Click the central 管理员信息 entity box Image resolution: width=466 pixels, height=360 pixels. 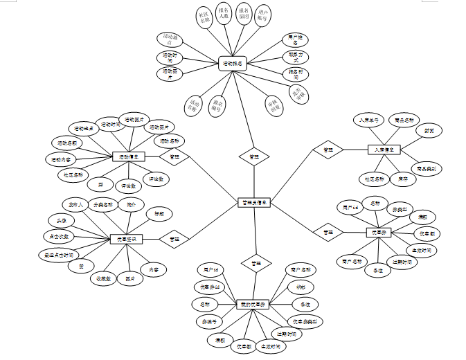click(x=253, y=202)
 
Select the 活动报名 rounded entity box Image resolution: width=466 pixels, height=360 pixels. click(x=233, y=64)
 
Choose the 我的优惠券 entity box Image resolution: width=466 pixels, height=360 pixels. click(x=253, y=305)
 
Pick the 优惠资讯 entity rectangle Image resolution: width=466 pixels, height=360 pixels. click(x=127, y=239)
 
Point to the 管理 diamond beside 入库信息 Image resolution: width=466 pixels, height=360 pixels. click(x=328, y=149)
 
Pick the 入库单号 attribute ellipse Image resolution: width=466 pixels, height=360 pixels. click(x=367, y=120)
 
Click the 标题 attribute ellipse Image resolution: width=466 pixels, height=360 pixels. click(x=159, y=214)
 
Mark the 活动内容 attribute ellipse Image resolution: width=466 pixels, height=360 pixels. click(x=61, y=160)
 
